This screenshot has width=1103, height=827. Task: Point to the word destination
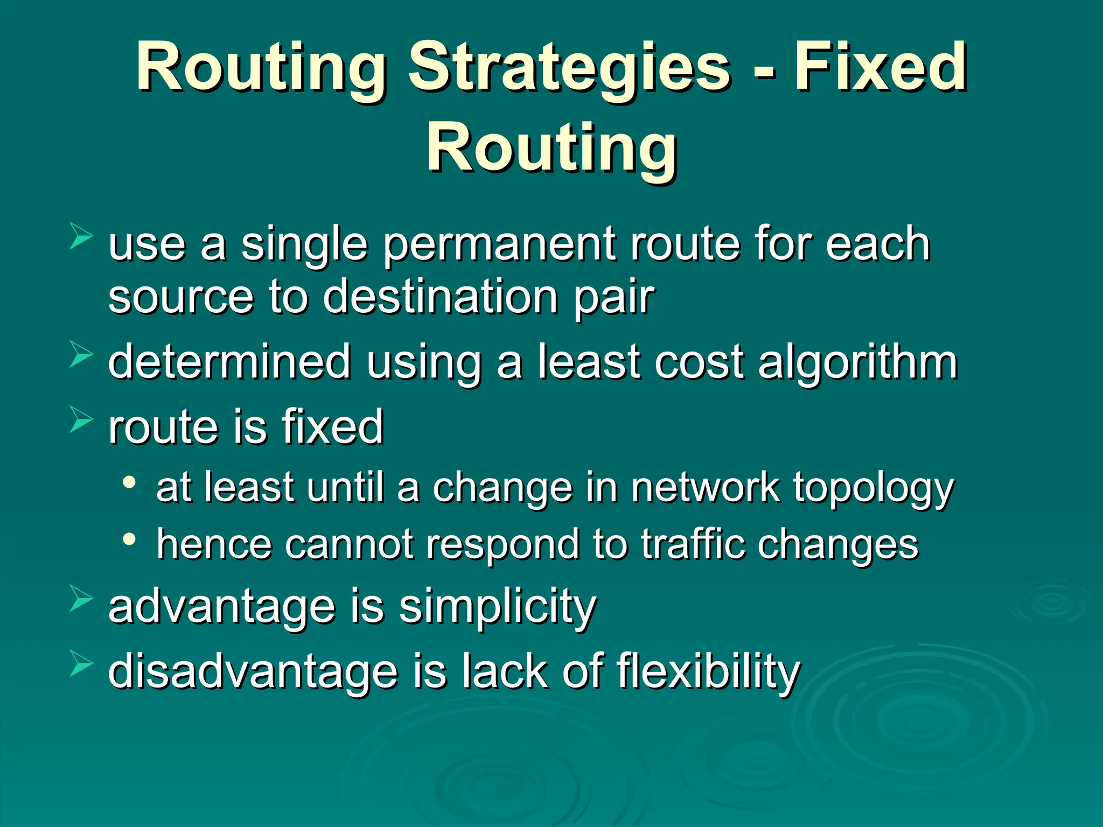pyautogui.click(x=440, y=297)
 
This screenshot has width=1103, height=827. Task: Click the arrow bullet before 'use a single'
pyautogui.click(x=81, y=237)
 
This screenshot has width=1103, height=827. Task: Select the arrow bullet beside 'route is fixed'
pyautogui.click(x=81, y=420)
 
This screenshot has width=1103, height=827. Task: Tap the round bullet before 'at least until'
pyautogui.click(x=129, y=482)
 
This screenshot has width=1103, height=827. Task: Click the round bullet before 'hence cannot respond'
pyautogui.click(x=129, y=538)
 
